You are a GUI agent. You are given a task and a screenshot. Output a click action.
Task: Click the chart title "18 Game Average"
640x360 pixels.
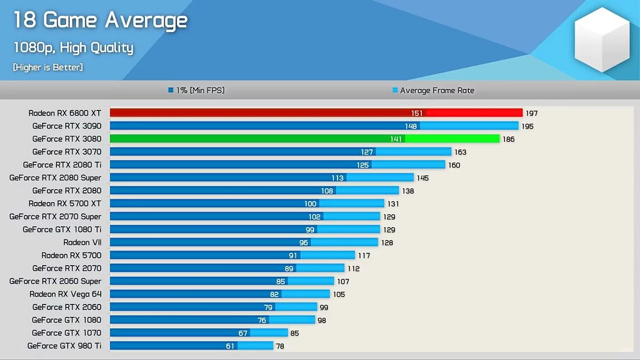point(100,20)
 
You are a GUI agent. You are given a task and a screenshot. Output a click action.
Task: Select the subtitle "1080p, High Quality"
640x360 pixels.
point(73,47)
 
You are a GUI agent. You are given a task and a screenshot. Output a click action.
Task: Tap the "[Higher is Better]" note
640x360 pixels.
point(48,67)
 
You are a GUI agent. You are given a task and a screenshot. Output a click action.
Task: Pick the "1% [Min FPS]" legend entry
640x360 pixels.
point(196,91)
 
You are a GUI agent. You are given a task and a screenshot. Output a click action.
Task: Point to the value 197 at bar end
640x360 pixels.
point(532,113)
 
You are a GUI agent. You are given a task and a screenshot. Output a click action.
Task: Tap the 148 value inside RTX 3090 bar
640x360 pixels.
point(411,126)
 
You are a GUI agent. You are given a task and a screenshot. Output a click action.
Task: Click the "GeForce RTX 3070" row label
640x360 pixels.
point(67,152)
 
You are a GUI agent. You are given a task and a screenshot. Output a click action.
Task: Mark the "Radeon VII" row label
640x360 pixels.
point(82,242)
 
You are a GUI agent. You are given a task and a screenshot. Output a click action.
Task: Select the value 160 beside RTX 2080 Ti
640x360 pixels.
point(454,165)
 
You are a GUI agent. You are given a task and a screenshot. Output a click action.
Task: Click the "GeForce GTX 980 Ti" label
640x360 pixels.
point(64,346)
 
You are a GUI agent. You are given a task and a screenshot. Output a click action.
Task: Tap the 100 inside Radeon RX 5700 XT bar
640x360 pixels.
point(310,204)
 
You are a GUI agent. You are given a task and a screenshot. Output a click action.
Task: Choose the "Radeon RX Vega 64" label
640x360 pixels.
point(65,294)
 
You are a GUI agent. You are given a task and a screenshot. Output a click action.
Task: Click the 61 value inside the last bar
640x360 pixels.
point(230,346)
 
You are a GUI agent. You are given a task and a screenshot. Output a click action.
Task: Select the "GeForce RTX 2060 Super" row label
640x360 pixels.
point(55,281)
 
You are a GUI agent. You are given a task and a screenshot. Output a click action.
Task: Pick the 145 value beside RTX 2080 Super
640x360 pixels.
point(422,178)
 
